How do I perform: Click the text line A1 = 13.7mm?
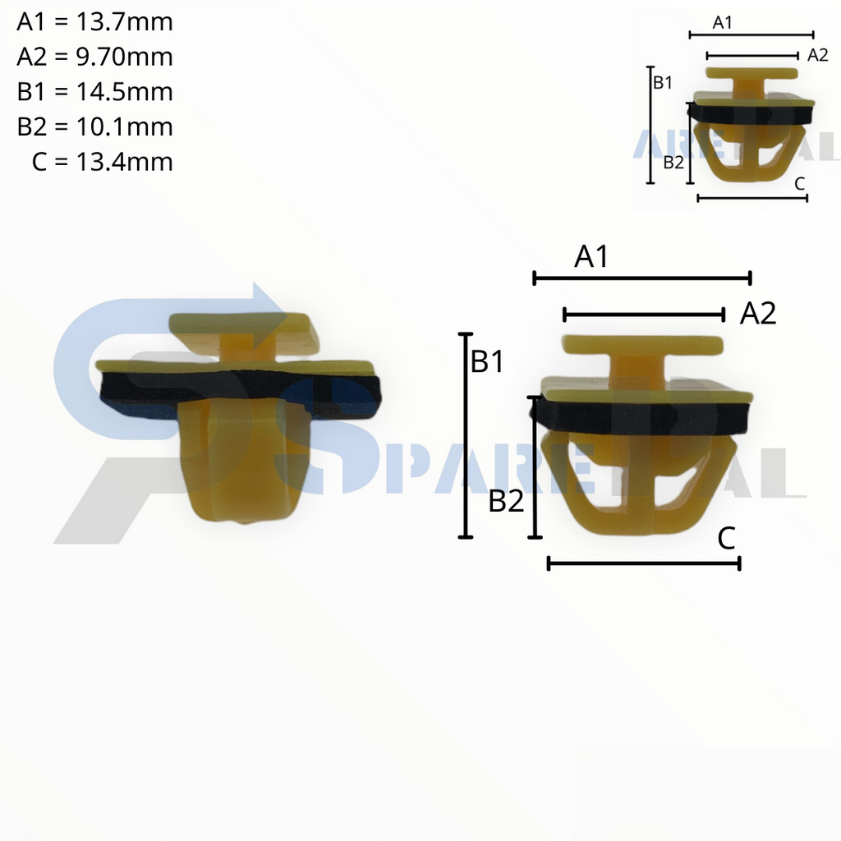coord(94,22)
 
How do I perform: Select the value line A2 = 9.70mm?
coord(94,57)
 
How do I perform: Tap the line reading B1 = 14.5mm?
coord(94,91)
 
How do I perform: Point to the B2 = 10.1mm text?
coord(94,126)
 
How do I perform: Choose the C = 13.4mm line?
coord(102,162)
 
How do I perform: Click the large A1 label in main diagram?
coord(591,257)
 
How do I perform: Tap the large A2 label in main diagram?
coord(757,313)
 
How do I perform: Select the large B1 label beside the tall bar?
coord(487,361)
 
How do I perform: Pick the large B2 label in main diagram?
coord(506,501)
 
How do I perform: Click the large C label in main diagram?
coord(726,539)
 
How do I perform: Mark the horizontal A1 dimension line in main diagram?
coord(642,278)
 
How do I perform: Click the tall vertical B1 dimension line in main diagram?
coord(466,435)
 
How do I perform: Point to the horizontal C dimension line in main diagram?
coord(644,563)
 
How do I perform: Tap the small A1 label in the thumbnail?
coord(722,23)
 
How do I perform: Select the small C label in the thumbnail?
coord(799,185)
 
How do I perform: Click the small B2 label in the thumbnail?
coord(673,162)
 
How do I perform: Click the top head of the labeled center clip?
coord(642,344)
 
